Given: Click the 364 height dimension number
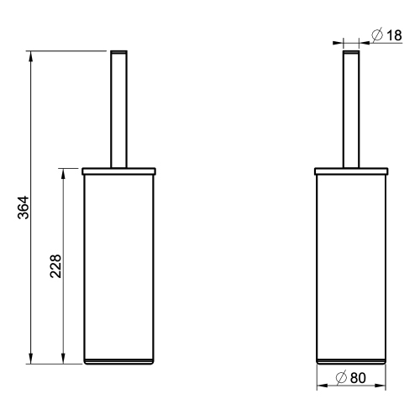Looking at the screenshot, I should click(24, 208).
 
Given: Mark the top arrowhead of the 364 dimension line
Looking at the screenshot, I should click(31, 55).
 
